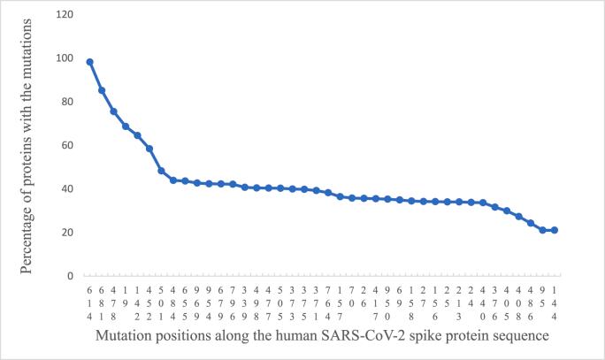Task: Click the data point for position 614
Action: [89, 62]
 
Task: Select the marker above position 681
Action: [102, 90]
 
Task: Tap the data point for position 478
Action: [113, 111]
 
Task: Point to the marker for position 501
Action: [161, 171]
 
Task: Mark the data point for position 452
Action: [149, 149]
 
